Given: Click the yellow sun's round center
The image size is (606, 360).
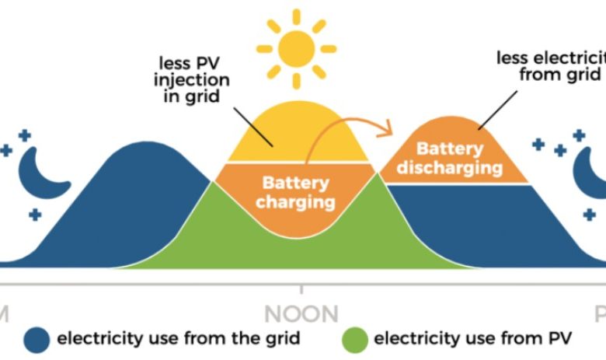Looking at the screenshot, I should click(x=296, y=47).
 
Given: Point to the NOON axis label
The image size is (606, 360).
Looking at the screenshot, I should click(x=301, y=314).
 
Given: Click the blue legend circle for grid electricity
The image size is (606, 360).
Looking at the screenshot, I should click(x=37, y=339).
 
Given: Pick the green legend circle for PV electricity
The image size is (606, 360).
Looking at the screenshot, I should click(x=353, y=339).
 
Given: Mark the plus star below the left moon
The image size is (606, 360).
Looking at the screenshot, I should click(x=34, y=214).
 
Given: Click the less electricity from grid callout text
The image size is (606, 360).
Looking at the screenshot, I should click(x=551, y=66).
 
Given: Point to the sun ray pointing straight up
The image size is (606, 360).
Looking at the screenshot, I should click(x=296, y=16).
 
